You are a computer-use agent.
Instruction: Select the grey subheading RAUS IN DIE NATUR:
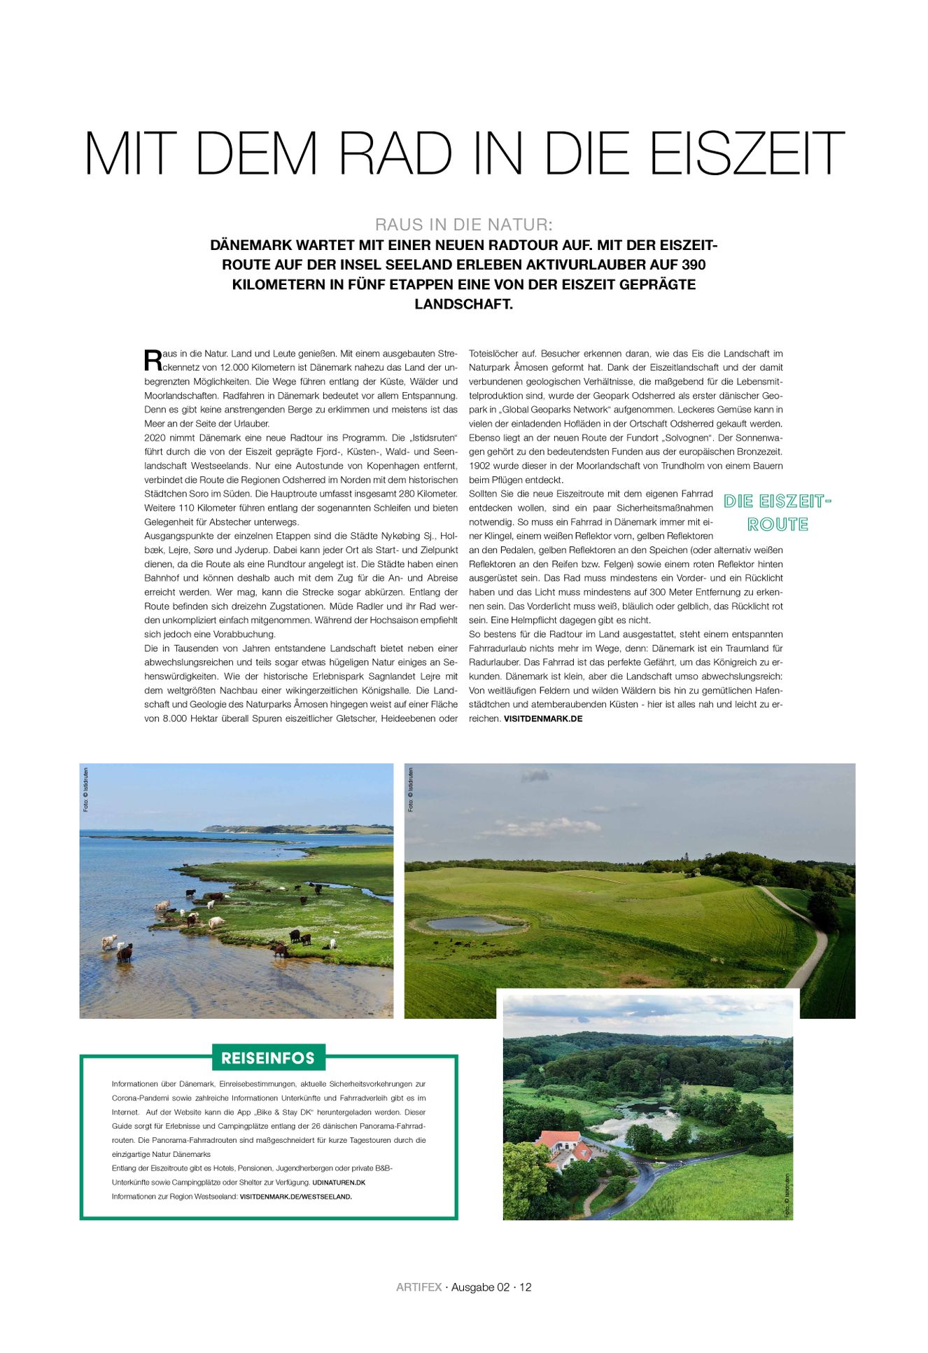463,225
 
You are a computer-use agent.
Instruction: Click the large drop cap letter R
152,361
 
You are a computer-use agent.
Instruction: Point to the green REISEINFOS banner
268,1057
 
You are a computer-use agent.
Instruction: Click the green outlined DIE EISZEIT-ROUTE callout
777,513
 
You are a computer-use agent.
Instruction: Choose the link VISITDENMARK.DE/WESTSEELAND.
295,1196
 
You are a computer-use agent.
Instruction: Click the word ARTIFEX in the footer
419,1287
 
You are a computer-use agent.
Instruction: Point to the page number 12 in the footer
525,1287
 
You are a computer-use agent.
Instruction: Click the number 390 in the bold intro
694,265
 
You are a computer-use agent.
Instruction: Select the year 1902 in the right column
479,466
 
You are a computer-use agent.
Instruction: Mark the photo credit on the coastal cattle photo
86,789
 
